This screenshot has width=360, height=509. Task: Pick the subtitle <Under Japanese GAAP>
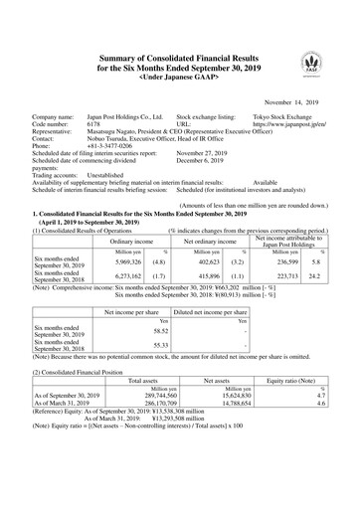tap(179, 47)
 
